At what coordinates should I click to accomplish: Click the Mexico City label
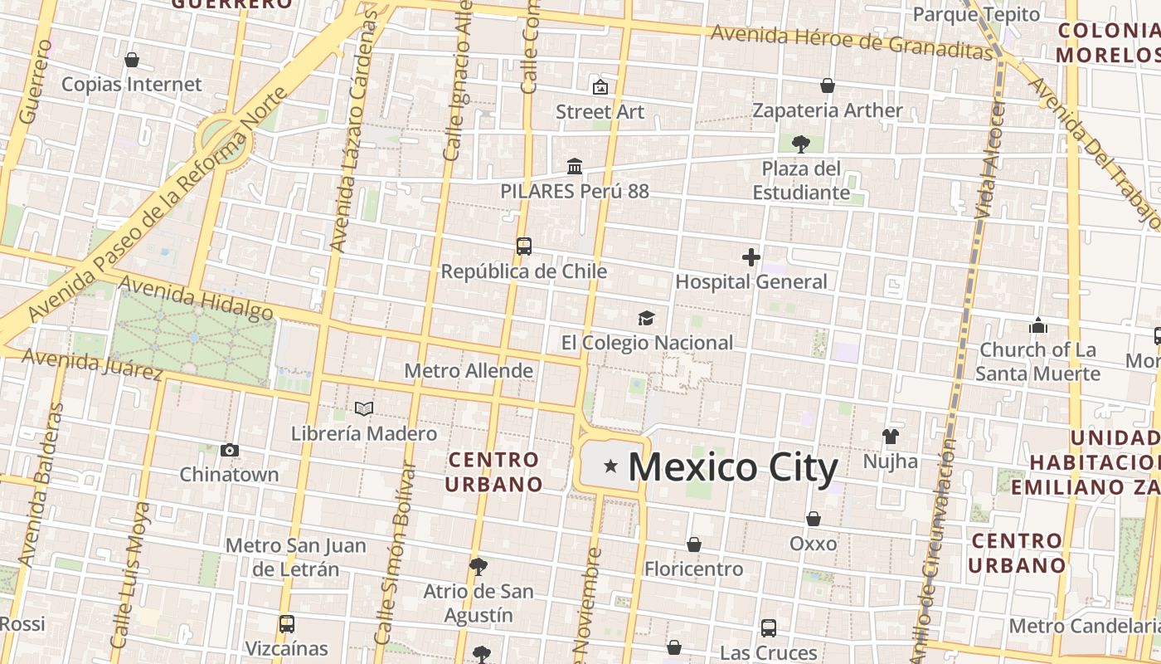point(733,467)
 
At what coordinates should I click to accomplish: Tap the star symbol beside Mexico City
point(611,466)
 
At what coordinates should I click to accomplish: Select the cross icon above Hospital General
point(751,257)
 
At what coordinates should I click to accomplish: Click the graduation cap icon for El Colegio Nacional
point(646,318)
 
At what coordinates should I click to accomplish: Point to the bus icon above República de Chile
point(524,247)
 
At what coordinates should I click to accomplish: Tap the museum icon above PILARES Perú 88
point(574,166)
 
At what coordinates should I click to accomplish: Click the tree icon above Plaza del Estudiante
point(800,144)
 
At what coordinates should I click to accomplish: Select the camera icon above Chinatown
point(230,451)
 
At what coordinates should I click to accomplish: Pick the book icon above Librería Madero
point(363,408)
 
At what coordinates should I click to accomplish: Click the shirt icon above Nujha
point(891,437)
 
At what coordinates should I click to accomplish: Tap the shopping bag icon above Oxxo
point(814,519)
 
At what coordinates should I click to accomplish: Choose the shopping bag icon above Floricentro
point(694,544)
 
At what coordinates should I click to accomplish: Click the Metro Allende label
point(469,370)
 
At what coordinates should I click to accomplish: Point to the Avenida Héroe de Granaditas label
point(852,41)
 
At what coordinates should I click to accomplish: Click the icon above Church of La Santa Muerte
point(1037,325)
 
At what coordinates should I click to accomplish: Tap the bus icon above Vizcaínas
point(287,623)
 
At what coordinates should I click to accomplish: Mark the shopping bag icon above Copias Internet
point(131,60)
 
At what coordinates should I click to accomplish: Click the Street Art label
point(600,111)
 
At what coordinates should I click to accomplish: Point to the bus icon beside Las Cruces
point(769,628)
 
